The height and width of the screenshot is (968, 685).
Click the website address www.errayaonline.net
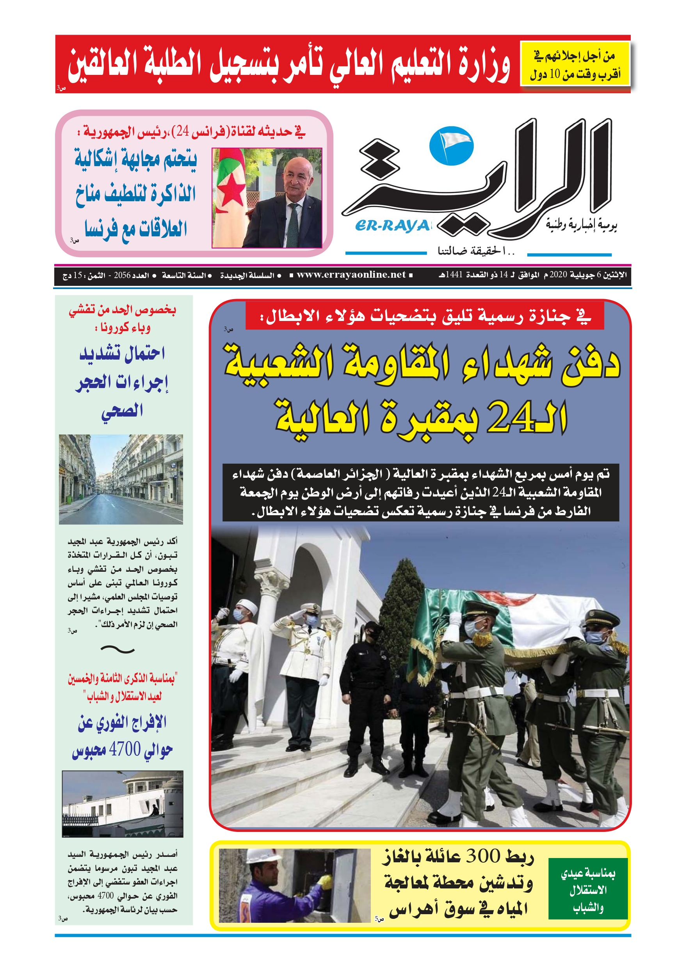pyautogui.click(x=351, y=275)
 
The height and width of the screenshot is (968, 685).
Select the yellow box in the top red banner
pyautogui.click(x=575, y=64)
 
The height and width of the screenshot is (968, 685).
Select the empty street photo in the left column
pyautogui.click(x=121, y=479)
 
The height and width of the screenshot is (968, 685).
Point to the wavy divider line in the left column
pyautogui.click(x=118, y=650)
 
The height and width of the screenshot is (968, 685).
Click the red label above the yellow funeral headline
pyautogui.click(x=425, y=316)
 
